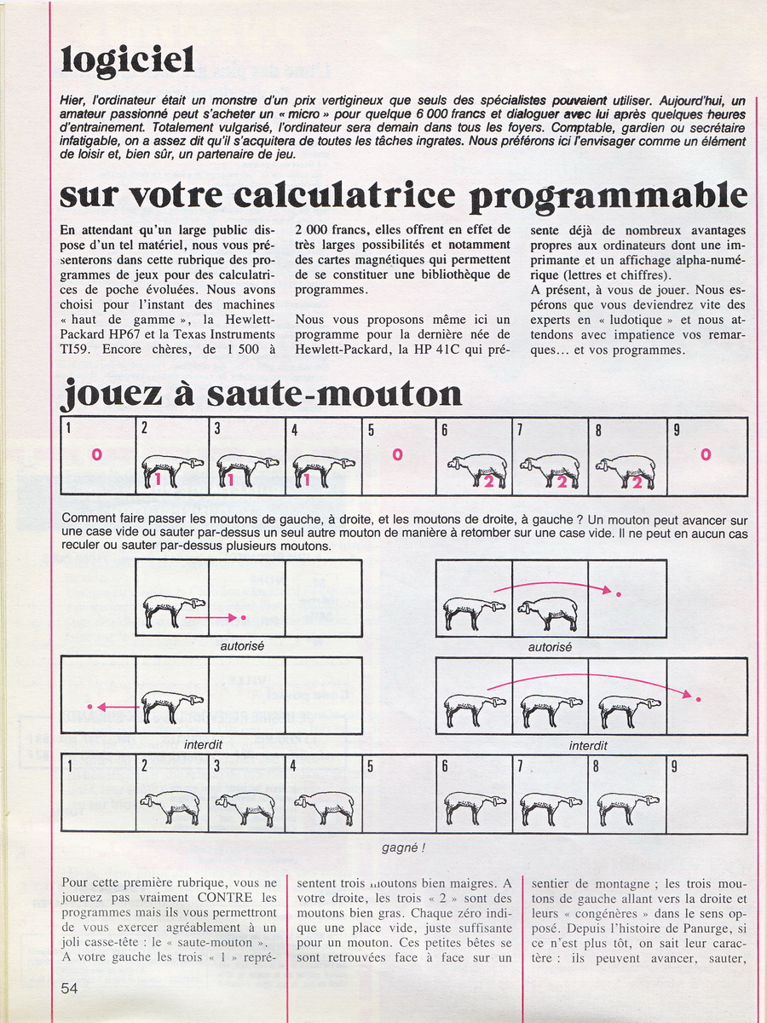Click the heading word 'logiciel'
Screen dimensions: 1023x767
pos(128,60)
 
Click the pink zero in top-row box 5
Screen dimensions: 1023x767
pos(397,455)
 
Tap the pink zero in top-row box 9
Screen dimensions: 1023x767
pos(706,455)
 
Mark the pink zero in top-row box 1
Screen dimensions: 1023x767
pos(96,455)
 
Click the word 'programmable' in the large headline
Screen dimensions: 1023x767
pos(608,197)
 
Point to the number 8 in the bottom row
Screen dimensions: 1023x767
pos(597,766)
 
